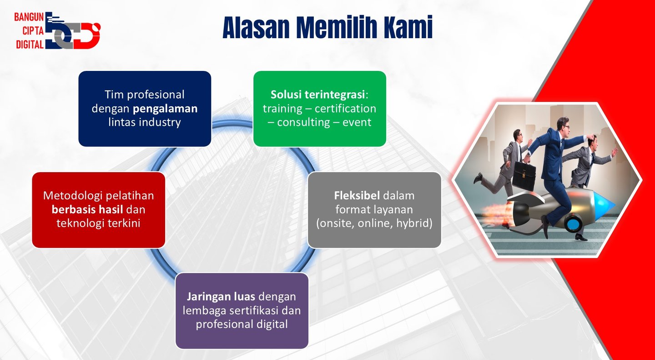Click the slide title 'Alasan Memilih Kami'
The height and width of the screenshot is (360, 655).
pos(327,27)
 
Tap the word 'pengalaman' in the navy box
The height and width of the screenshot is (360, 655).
pos(165,109)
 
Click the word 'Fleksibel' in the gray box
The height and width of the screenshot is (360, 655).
pos(357,195)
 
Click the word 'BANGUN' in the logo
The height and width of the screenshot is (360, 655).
pos(29,17)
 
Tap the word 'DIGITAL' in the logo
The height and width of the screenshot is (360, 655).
pos(30,45)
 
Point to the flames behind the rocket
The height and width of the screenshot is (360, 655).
pos(494,213)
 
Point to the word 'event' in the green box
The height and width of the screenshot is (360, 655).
pos(357,122)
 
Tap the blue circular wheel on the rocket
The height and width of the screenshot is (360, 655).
pos(573,224)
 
